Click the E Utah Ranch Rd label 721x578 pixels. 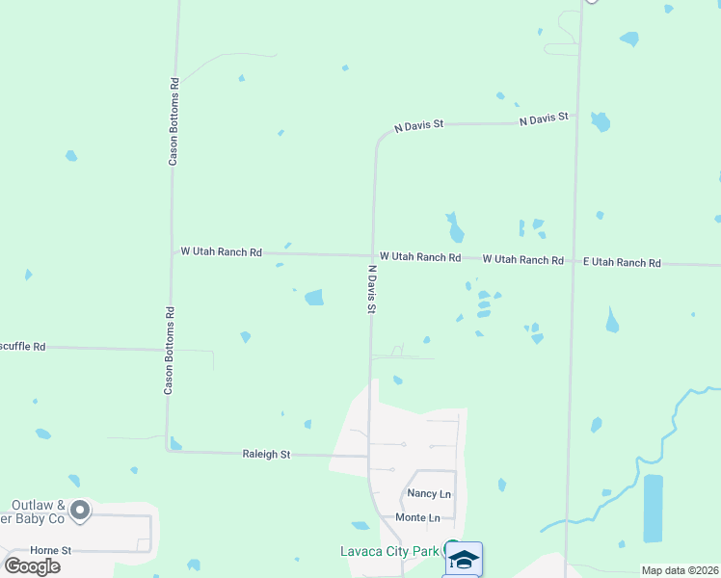[622, 263]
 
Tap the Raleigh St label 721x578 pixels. [266, 454]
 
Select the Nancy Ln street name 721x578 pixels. [429, 494]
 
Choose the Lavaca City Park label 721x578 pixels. [388, 552]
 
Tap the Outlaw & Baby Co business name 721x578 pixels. [38, 512]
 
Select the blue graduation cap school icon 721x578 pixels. [464, 559]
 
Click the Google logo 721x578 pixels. [32, 566]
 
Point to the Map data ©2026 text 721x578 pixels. [680, 570]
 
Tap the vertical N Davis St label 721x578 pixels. [371, 290]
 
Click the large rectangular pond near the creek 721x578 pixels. [653, 507]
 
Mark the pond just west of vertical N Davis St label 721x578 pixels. [314, 298]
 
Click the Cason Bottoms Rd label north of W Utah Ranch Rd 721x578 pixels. [174, 121]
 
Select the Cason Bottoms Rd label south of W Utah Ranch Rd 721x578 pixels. [169, 351]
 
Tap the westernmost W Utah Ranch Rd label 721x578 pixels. [221, 251]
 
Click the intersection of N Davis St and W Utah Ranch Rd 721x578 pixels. [372, 255]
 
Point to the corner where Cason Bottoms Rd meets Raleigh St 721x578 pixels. [168, 451]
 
